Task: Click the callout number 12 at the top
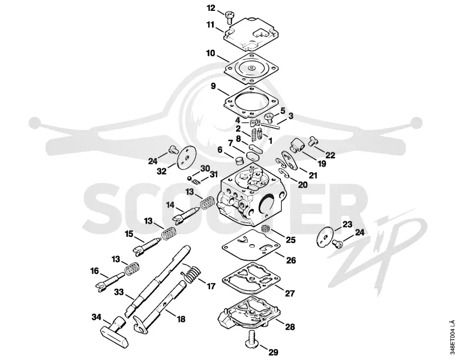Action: point(211,8)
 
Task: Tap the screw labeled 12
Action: point(229,17)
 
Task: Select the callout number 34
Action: point(96,317)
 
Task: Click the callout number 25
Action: point(291,240)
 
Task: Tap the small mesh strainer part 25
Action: point(265,228)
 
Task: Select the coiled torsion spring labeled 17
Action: point(191,274)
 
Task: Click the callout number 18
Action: point(181,319)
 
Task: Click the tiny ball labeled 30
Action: point(189,178)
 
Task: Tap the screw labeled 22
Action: point(313,141)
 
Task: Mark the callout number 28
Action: point(290,327)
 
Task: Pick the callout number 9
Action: point(213,86)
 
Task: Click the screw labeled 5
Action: point(269,118)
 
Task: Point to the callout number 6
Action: point(220,149)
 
